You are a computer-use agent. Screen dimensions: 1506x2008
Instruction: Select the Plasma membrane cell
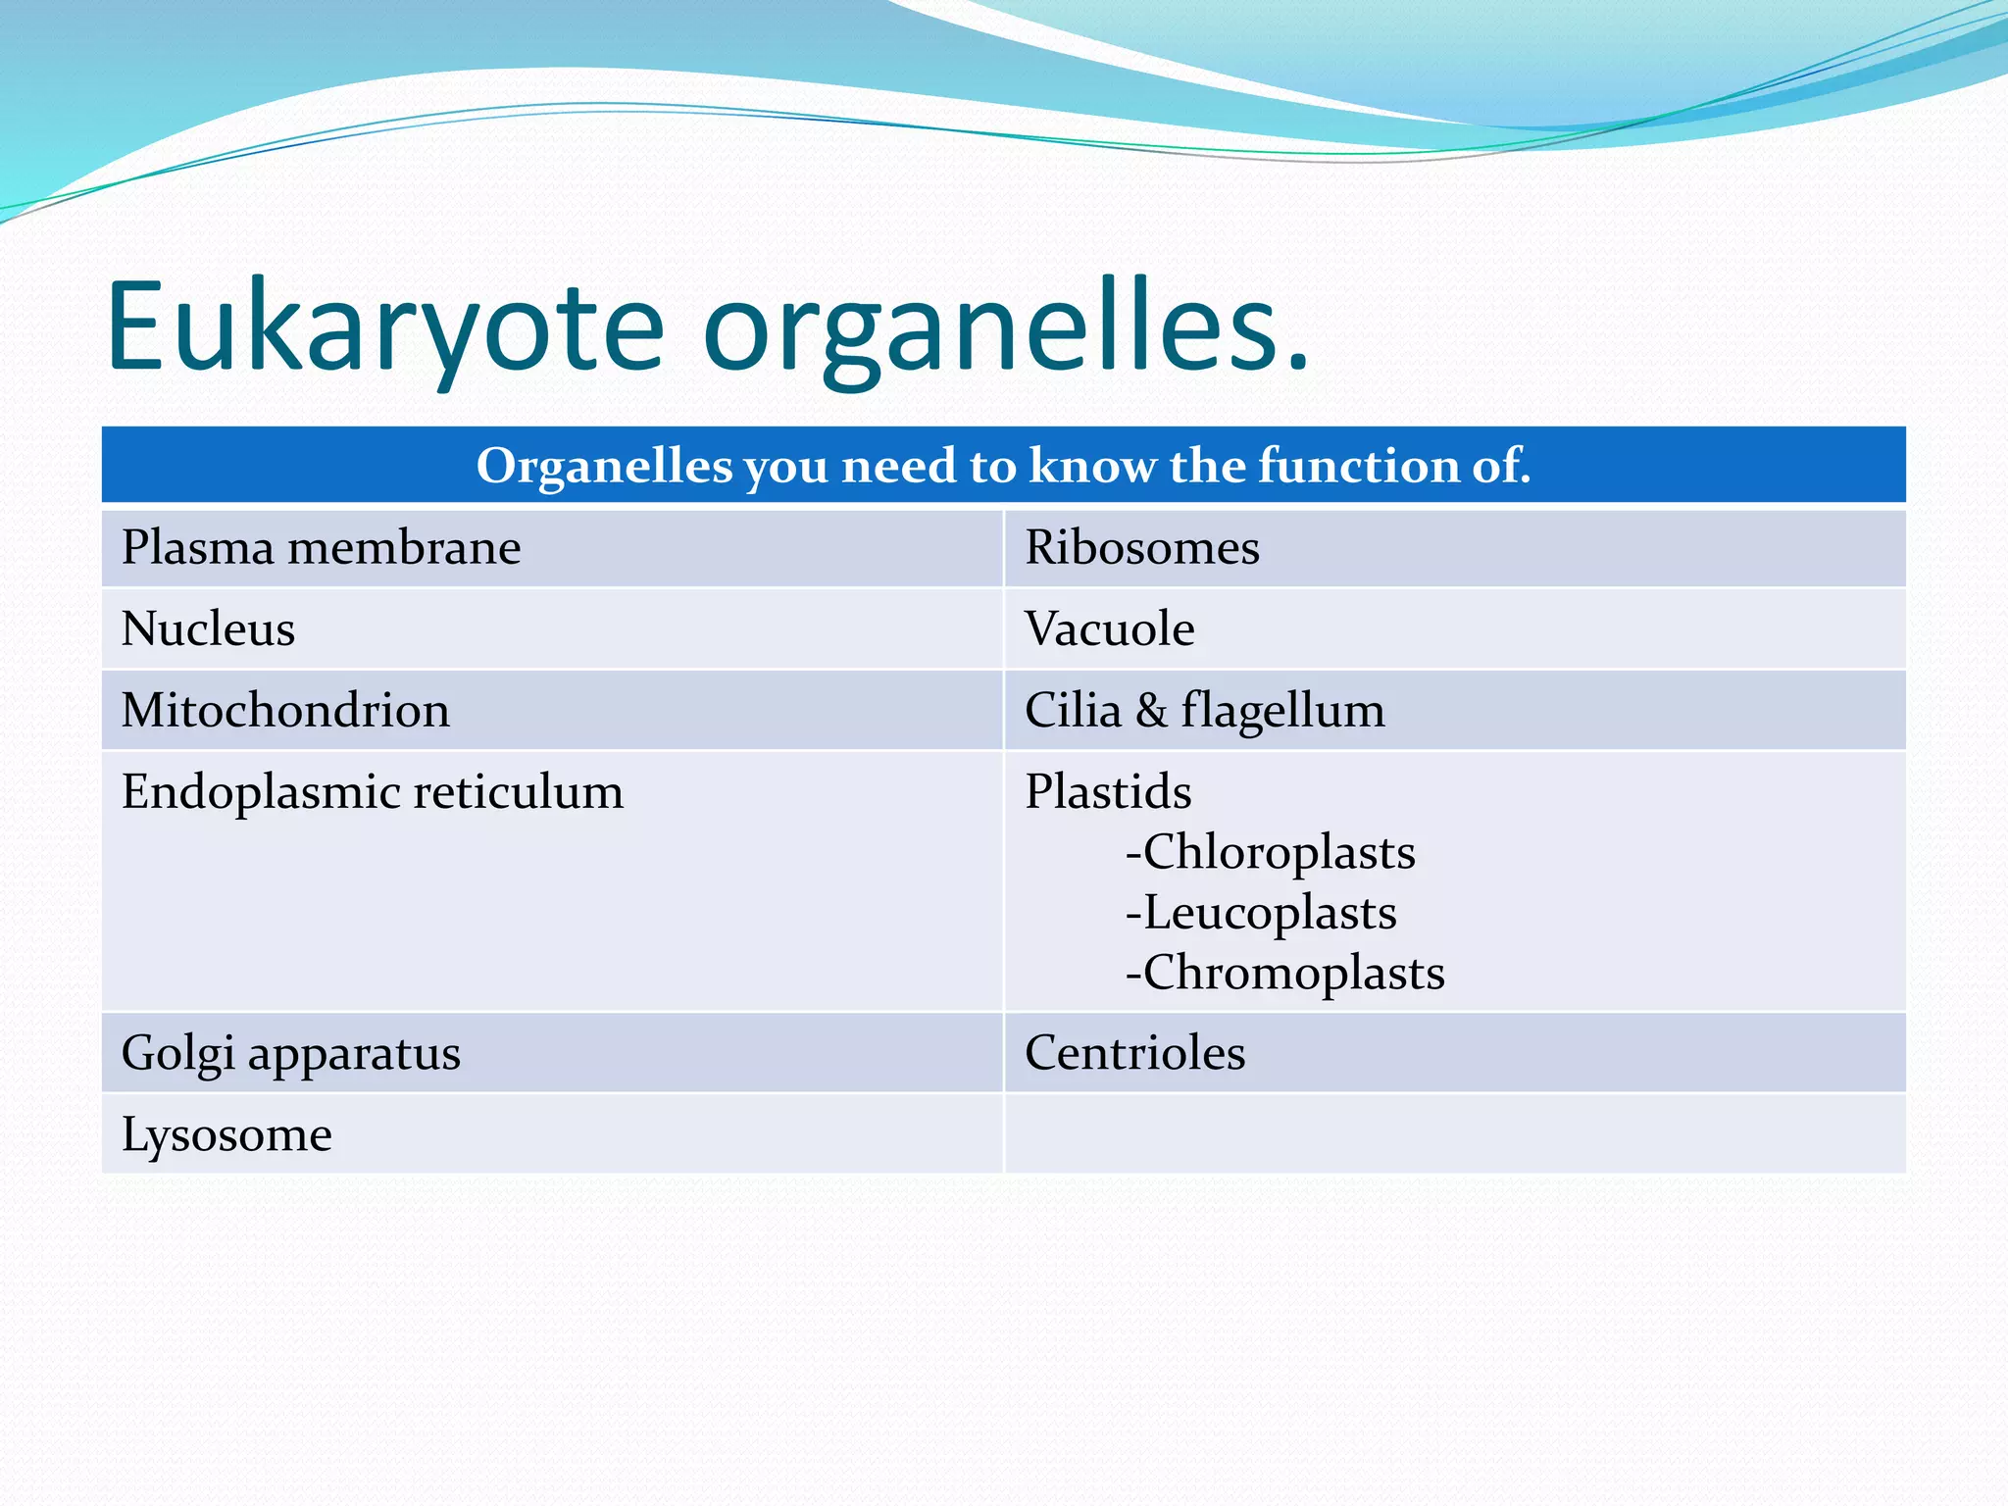coord(321,547)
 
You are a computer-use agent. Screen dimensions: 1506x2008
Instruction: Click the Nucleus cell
coord(208,628)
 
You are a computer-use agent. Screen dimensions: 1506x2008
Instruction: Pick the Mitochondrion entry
coord(285,710)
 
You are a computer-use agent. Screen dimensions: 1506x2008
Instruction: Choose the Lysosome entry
coord(226,1135)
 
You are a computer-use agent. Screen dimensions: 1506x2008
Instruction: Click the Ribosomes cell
coord(1142,547)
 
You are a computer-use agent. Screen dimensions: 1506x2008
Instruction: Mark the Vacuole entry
coord(1109,628)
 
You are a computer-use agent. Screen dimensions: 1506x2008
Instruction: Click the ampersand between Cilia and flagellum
coord(1152,710)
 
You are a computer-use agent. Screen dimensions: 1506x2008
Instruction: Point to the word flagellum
coord(1282,711)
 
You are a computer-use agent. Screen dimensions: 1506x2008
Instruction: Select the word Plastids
coord(1108,791)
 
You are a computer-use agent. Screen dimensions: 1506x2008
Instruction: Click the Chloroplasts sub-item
coord(1272,852)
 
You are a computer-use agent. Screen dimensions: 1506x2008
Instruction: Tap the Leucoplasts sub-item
coord(1262,913)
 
